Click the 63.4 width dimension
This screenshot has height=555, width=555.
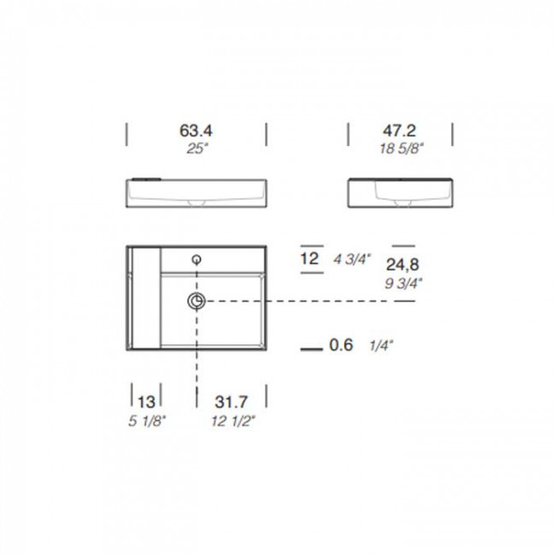[196, 131]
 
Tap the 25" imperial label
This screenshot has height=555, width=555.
[196, 149]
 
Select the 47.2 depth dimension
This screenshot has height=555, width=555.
[400, 131]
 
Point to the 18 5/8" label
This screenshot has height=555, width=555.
[401, 149]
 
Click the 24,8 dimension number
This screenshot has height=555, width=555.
[402, 265]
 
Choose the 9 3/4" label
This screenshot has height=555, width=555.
[404, 283]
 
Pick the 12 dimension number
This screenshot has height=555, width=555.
[310, 259]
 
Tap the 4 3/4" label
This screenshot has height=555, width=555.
[352, 260]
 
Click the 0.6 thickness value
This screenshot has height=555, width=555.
[342, 345]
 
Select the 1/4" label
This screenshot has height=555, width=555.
[381, 346]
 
